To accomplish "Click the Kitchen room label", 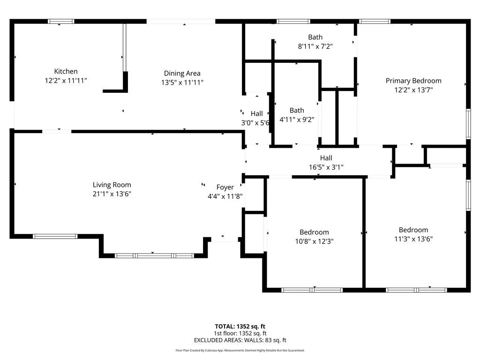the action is (66, 71).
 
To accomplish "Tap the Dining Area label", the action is (182, 74).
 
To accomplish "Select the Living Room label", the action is (112, 185).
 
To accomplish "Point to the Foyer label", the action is (225, 187).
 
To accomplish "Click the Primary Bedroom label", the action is (413, 81).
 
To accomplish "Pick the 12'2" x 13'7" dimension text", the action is (413, 90).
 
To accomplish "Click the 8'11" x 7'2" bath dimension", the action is (315, 46).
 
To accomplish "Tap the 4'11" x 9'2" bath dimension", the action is (297, 120).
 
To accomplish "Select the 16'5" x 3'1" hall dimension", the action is (326, 167).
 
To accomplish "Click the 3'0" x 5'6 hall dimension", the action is (255, 123).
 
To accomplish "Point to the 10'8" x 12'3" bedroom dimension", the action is (315, 241).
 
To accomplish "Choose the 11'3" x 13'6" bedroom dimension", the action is (413, 239).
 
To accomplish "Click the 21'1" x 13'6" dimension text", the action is (112, 194).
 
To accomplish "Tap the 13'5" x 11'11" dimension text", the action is (182, 82).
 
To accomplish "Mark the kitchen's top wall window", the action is (61, 22).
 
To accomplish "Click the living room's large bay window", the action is (154, 255).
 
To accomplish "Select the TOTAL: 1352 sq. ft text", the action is (240, 327).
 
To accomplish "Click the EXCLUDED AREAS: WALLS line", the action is (240, 340).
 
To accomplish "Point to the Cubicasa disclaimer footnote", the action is (240, 351).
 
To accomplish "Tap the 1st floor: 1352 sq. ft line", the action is (240, 333).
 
